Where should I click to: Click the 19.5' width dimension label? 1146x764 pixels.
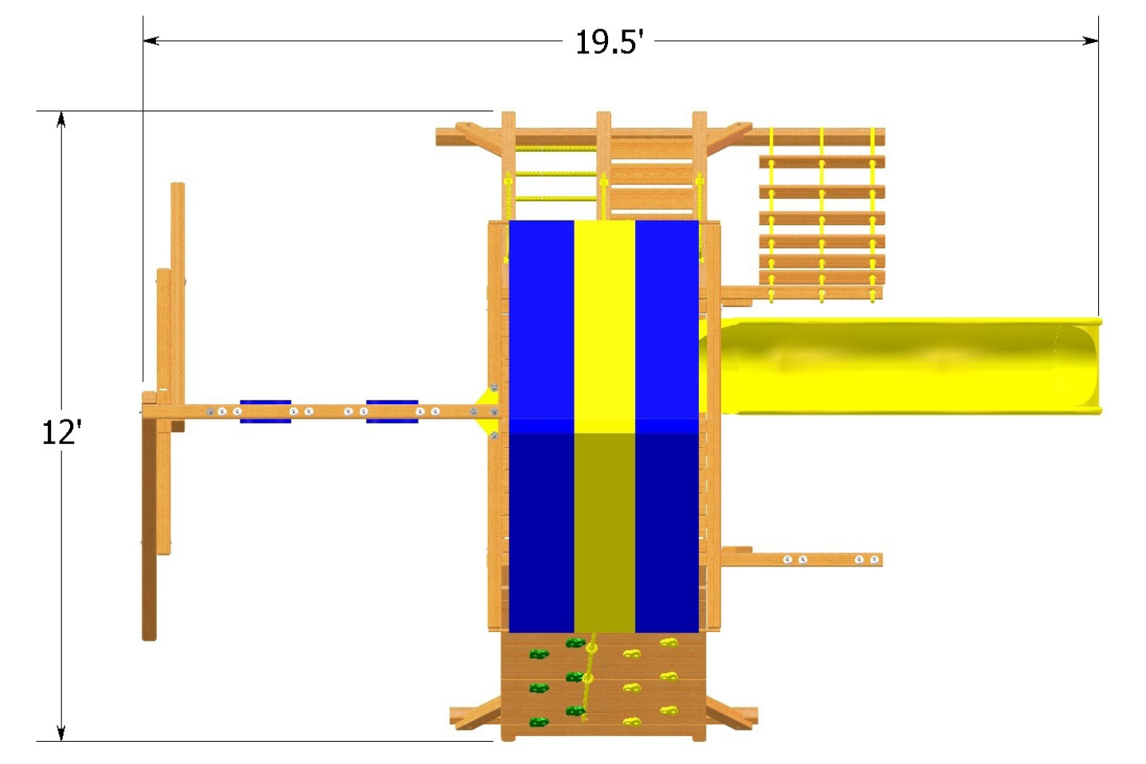(x=609, y=42)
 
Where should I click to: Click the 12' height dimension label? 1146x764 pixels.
(x=61, y=433)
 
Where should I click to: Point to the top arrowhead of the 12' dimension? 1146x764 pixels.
(x=60, y=119)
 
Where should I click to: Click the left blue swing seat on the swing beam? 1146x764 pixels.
(x=265, y=411)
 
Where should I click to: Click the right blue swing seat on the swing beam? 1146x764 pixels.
(x=392, y=411)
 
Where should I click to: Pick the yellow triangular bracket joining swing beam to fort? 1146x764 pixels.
(x=482, y=411)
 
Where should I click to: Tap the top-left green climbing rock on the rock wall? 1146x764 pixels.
(x=539, y=654)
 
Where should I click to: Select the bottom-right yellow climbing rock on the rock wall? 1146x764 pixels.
(x=668, y=711)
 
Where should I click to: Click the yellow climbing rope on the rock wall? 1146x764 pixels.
(x=590, y=676)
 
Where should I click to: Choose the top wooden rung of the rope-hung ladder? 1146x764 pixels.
(x=821, y=162)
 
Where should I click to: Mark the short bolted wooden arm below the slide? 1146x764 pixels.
(x=804, y=559)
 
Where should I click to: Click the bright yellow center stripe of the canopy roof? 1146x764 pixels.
(x=605, y=318)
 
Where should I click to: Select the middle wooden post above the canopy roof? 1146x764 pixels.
(x=603, y=163)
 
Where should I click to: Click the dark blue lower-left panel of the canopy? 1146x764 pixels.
(x=541, y=533)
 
